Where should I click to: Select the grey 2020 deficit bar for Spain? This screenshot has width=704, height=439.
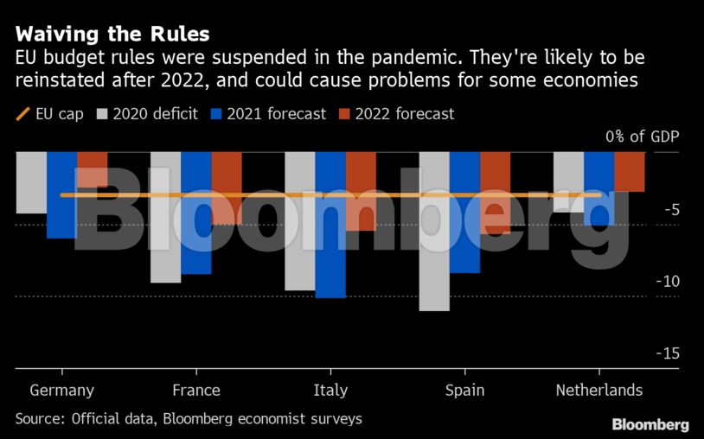coord(434,231)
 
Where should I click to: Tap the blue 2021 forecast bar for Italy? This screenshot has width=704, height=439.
coord(330,224)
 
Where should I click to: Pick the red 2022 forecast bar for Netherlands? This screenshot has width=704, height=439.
coord(630,171)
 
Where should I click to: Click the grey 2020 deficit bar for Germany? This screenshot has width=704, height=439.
coord(31,182)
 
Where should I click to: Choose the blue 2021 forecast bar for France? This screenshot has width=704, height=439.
coord(196,213)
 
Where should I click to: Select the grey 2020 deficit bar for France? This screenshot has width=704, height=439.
coord(166,217)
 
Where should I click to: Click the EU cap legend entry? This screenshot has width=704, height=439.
coord(49,114)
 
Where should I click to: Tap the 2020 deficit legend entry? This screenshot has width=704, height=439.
coord(148,114)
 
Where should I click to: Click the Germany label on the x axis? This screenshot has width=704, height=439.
coord(62,390)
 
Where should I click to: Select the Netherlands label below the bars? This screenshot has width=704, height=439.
coord(599,390)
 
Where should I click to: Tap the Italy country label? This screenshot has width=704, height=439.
coord(330,390)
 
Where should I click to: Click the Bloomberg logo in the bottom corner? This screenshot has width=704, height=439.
coord(650,424)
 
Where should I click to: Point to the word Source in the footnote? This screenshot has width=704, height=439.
coord(40,418)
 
